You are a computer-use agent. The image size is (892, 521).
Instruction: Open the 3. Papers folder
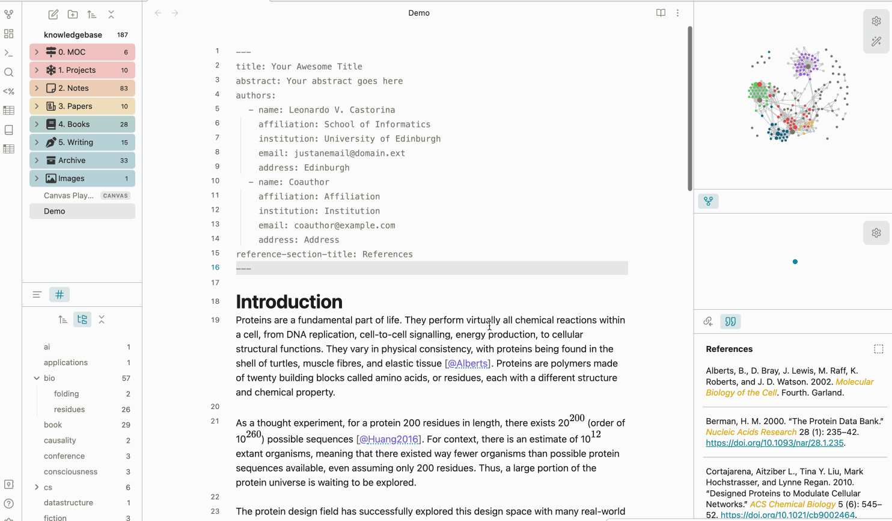[x=75, y=106]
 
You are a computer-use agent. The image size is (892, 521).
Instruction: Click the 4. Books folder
[x=74, y=125]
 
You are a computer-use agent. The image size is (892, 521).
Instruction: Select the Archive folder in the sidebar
[x=72, y=161]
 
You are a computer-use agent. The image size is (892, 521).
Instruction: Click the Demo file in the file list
[x=55, y=211]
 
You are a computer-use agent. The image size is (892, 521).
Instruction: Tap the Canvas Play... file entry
[x=69, y=196]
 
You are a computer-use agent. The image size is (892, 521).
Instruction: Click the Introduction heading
[x=289, y=301]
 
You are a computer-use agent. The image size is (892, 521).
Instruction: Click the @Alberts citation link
[x=468, y=363]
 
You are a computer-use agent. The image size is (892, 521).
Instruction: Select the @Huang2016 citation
[x=388, y=439]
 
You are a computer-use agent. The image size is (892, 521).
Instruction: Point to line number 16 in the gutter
[x=215, y=268]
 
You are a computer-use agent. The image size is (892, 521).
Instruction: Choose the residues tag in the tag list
[x=69, y=410]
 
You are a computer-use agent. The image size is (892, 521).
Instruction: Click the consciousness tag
[x=70, y=472]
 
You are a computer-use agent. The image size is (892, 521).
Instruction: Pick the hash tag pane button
[x=60, y=295]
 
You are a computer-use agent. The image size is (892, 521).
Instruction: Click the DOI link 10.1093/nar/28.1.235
[x=775, y=443]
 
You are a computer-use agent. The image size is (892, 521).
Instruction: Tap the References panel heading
[x=729, y=349]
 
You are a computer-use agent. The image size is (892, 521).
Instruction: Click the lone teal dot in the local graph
[x=795, y=262]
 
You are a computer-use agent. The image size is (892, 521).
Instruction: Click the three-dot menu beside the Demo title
[x=677, y=13]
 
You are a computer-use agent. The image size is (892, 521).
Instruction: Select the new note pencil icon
[x=53, y=14]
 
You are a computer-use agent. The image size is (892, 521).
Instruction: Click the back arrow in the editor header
[x=158, y=13]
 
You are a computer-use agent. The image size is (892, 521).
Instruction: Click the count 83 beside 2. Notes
[x=124, y=88]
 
